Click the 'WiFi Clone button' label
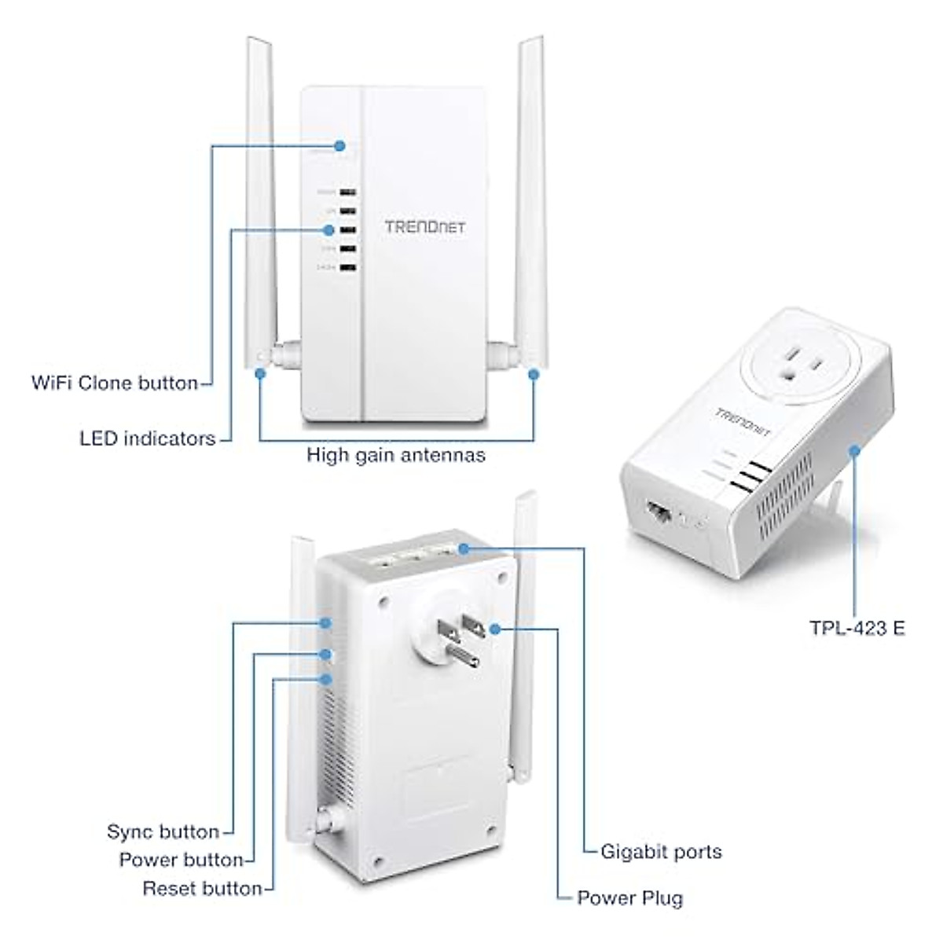tap(115, 383)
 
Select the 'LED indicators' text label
tap(148, 438)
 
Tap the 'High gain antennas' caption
tap(396, 454)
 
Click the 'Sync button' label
tap(163, 831)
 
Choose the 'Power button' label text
tap(182, 860)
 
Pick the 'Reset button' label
tap(202, 889)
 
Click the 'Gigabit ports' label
tap(660, 851)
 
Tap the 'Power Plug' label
tap(629, 898)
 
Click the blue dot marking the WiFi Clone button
tap(339, 145)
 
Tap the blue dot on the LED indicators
tap(328, 230)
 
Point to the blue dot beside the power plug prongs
tap(494, 628)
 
